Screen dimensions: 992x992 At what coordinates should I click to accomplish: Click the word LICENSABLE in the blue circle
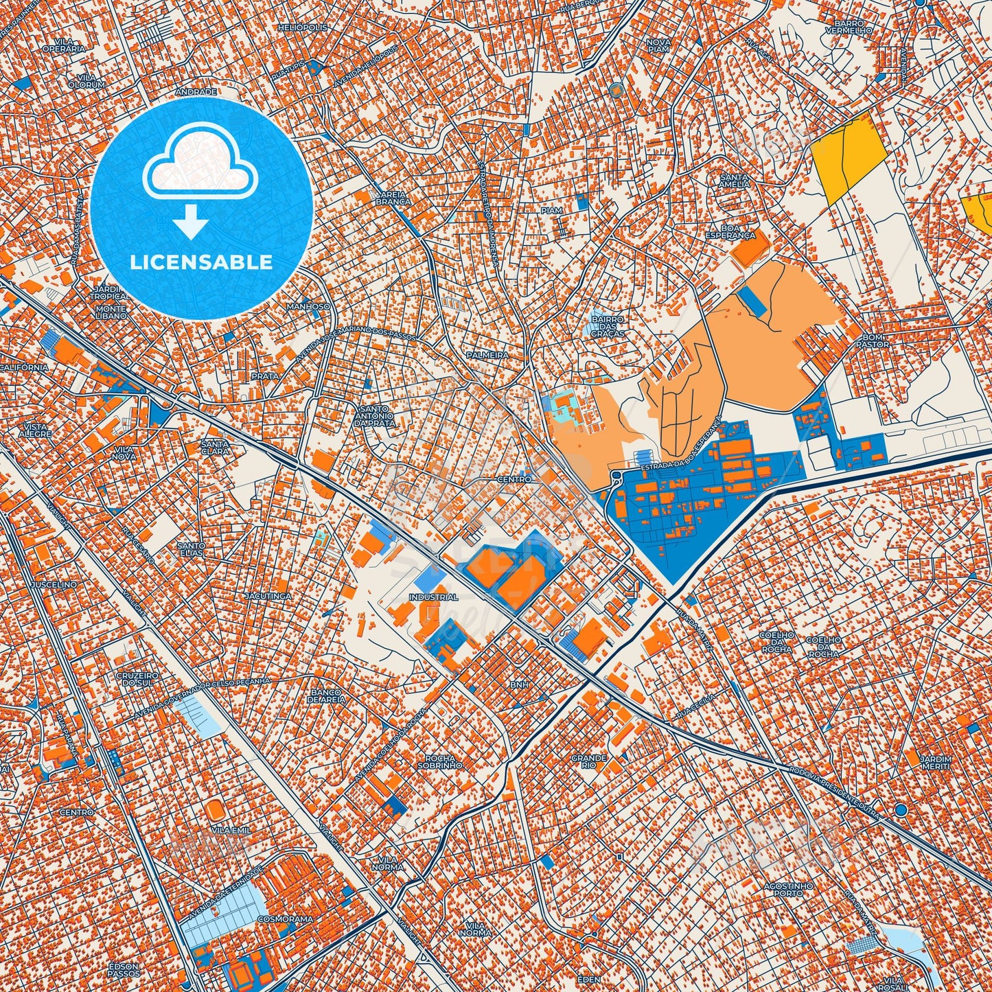(x=201, y=262)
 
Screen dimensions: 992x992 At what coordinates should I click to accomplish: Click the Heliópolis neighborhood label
(x=303, y=27)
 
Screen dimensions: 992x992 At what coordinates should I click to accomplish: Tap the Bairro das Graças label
(x=608, y=326)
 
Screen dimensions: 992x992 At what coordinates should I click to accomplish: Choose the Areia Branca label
(x=394, y=198)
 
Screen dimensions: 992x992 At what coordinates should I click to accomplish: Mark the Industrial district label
(x=433, y=597)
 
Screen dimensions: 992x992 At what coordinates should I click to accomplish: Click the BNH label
(x=519, y=684)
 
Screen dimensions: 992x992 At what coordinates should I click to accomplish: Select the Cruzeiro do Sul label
(x=137, y=679)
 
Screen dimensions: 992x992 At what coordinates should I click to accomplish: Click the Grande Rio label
(x=589, y=761)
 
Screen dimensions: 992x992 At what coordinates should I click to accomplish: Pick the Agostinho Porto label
(x=789, y=890)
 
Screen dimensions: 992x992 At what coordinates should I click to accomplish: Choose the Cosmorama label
(x=286, y=919)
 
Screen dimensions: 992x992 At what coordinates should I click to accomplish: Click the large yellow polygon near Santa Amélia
(x=848, y=157)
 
